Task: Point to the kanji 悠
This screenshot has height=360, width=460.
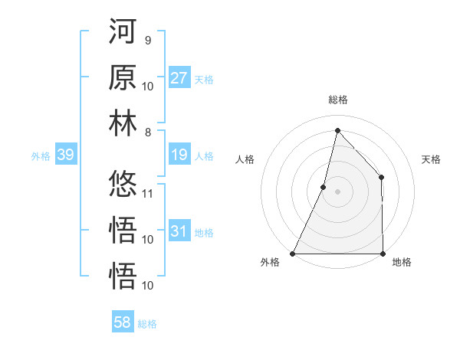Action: (123, 185)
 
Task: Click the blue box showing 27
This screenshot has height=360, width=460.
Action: (179, 78)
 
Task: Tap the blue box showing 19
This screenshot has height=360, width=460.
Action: (179, 155)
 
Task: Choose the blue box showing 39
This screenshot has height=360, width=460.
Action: (65, 155)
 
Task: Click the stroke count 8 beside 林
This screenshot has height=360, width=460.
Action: (147, 133)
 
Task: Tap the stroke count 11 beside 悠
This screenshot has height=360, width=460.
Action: (148, 193)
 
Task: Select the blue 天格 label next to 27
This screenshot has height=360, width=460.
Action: (204, 79)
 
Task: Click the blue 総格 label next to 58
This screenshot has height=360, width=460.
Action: (147, 324)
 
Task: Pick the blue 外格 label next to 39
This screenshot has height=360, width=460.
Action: (41, 156)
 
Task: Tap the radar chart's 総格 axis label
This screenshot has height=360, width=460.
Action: (337, 100)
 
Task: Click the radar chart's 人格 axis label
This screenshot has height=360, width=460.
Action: (245, 159)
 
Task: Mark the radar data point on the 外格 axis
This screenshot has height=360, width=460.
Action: (293, 254)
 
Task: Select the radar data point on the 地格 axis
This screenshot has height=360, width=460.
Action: (383, 254)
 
